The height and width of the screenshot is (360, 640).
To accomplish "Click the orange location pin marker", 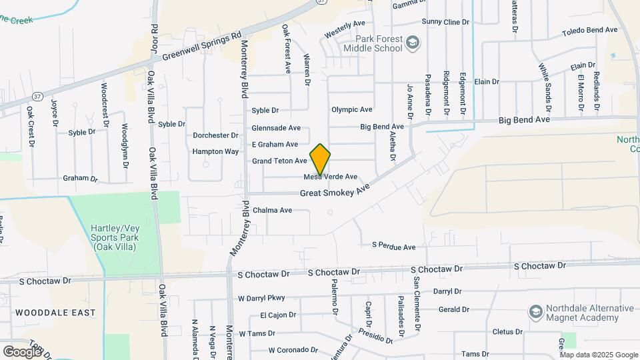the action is (x=320, y=159).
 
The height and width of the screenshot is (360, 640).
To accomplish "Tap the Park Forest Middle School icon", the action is (x=413, y=43).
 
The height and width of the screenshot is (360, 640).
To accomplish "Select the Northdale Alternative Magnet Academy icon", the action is (x=535, y=312).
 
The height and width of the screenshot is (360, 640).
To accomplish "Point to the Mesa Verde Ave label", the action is (x=331, y=177).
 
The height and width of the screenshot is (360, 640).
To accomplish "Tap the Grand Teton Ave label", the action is (x=279, y=161).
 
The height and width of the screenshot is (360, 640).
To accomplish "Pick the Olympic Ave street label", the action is (x=352, y=109).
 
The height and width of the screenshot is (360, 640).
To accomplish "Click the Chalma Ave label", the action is (x=272, y=210).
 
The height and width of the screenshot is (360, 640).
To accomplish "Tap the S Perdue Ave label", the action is (x=393, y=246).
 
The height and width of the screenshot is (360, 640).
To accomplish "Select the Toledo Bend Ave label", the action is (x=590, y=31).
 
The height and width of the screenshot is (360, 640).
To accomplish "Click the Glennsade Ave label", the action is (x=276, y=128).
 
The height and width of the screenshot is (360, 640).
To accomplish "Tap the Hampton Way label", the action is (x=215, y=151).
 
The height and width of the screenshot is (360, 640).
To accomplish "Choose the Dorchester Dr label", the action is (x=215, y=135).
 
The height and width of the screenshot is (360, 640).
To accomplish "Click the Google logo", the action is (x=22, y=351).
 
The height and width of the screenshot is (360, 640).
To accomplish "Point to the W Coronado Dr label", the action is (x=293, y=349).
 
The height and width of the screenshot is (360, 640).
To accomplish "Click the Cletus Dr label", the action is (x=507, y=331).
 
